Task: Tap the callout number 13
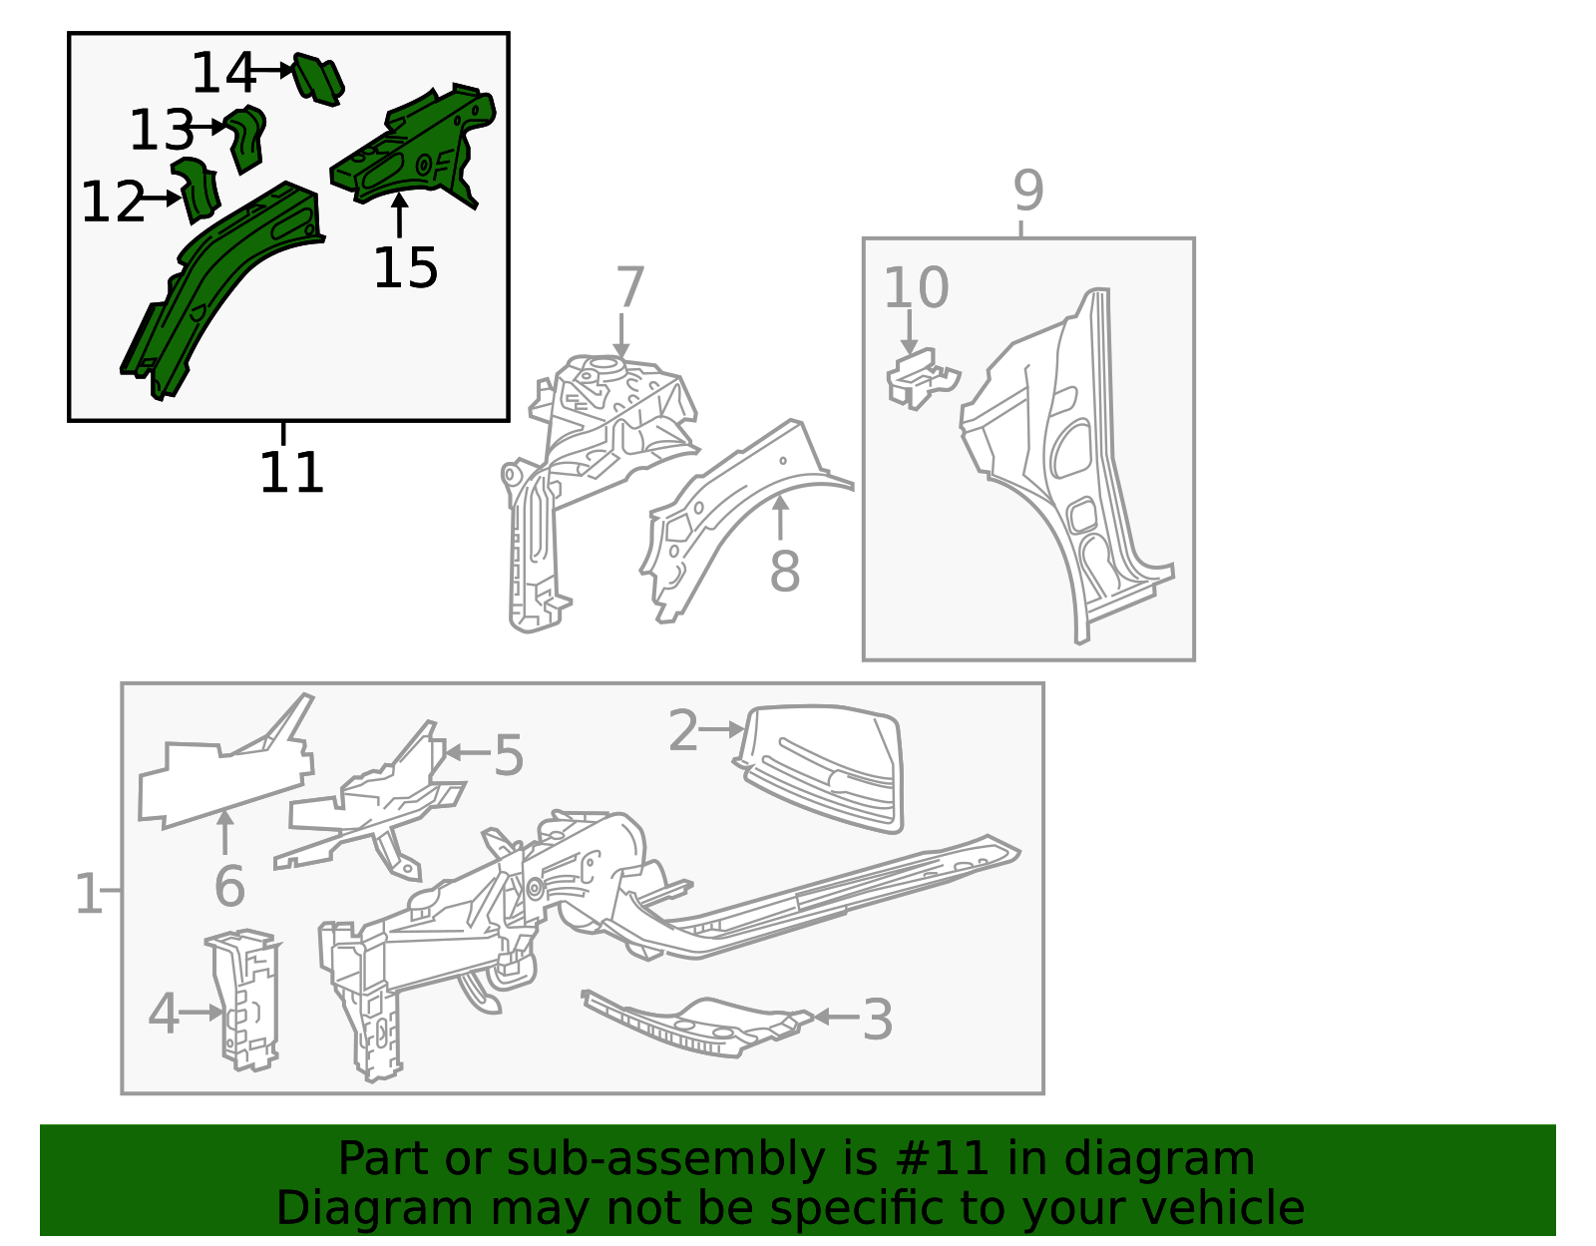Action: coord(161,130)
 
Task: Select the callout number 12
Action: coord(113,202)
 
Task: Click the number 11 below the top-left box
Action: coord(291,472)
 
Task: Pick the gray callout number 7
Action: coord(629,287)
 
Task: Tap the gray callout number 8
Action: coord(784,571)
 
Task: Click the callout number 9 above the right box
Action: coord(1027,191)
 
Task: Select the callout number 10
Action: coord(916,287)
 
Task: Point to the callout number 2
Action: coord(683,730)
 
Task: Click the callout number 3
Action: coord(877,1020)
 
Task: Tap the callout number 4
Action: coord(163,1014)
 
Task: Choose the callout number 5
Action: coord(509,754)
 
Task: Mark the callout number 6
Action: coord(229,886)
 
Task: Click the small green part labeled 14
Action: coord(319,79)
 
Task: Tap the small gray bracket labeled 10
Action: coord(922,378)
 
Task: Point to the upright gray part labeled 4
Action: coord(243,1000)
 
